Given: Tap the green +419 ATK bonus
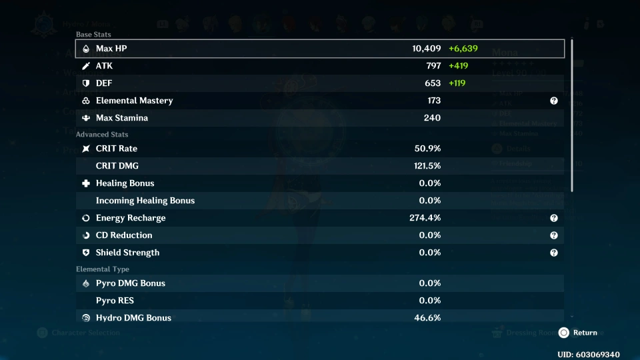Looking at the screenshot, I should (458, 66).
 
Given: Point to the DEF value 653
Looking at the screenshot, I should (432, 83).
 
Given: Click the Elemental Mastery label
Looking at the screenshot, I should (134, 101).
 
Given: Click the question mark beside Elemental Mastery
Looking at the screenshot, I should (553, 101).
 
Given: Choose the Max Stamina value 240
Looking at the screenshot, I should (432, 118).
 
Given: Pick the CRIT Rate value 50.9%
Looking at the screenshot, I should (427, 149).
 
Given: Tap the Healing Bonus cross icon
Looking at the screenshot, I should (85, 183).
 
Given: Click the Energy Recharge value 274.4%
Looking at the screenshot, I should (425, 218).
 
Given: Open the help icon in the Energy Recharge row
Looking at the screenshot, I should (553, 218).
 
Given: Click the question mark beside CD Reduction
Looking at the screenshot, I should (553, 235).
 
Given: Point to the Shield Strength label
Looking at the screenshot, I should (127, 253).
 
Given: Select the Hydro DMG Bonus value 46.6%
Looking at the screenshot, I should (427, 318).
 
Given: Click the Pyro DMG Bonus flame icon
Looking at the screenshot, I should (85, 283).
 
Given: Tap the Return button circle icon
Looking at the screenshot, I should (564, 333).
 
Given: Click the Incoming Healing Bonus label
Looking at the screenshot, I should (145, 201).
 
